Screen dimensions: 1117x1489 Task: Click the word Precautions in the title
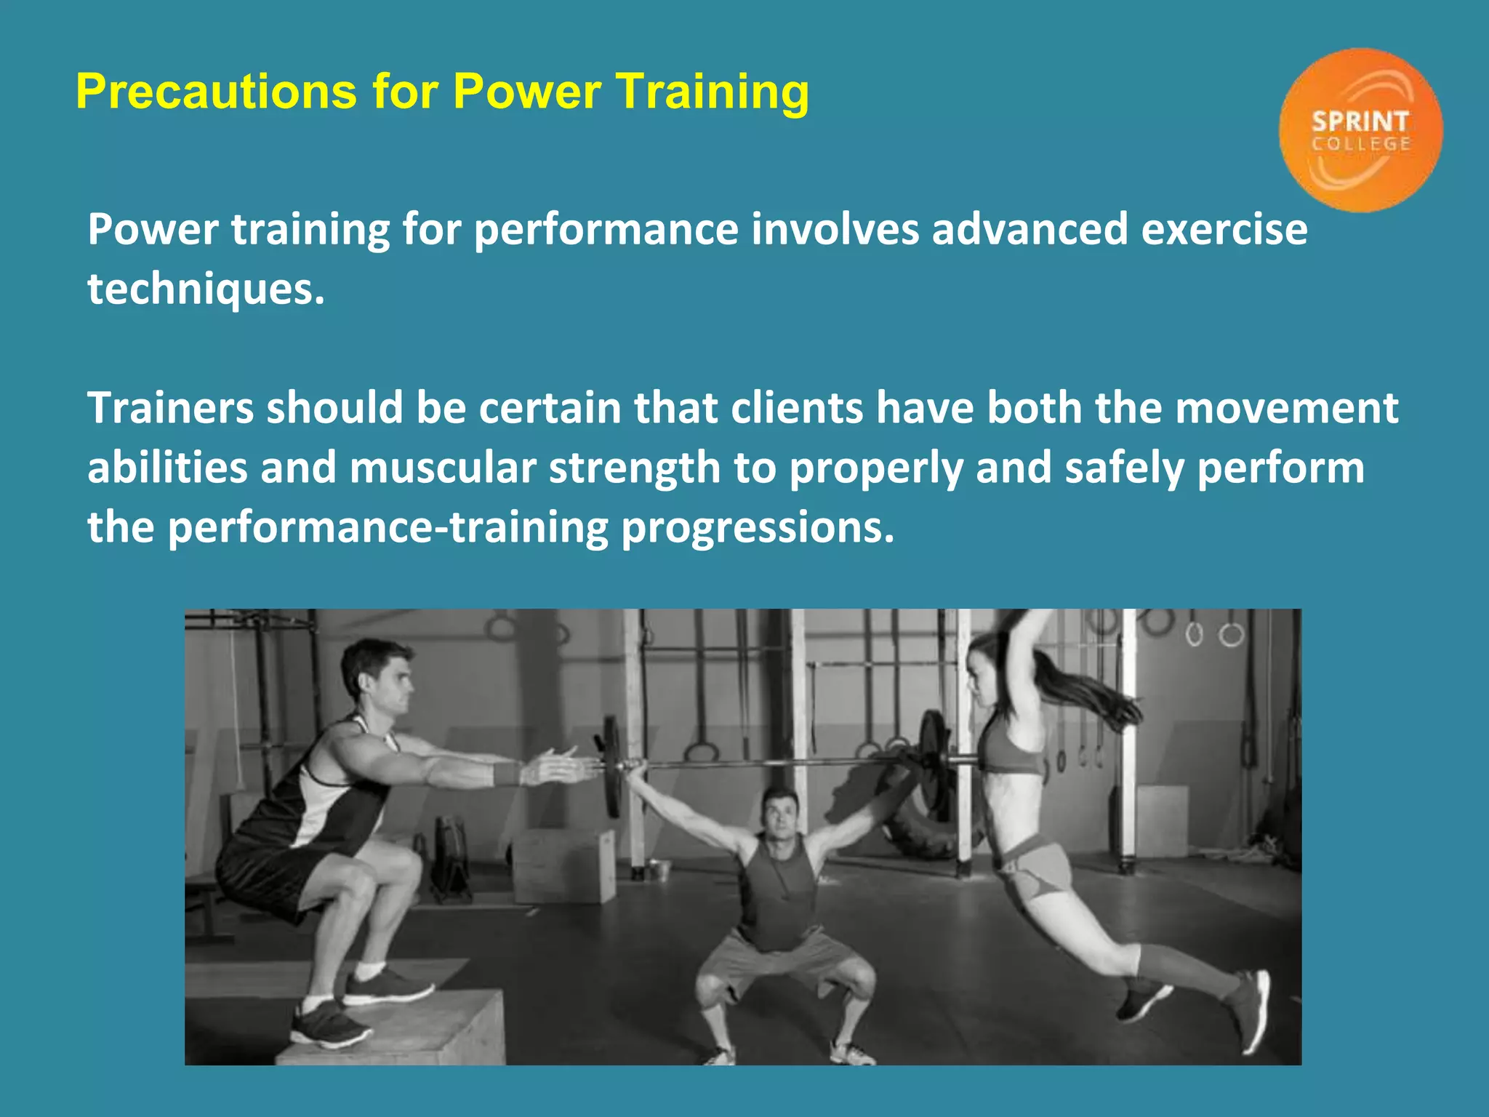(x=216, y=92)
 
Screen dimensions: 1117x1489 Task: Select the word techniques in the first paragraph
(x=206, y=289)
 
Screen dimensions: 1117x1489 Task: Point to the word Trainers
(x=170, y=408)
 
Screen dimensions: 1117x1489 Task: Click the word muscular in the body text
(x=442, y=468)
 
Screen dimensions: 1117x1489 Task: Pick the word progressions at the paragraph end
(x=757, y=527)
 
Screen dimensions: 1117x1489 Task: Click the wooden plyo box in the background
(x=563, y=865)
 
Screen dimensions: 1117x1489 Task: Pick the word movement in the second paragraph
(x=1286, y=408)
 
